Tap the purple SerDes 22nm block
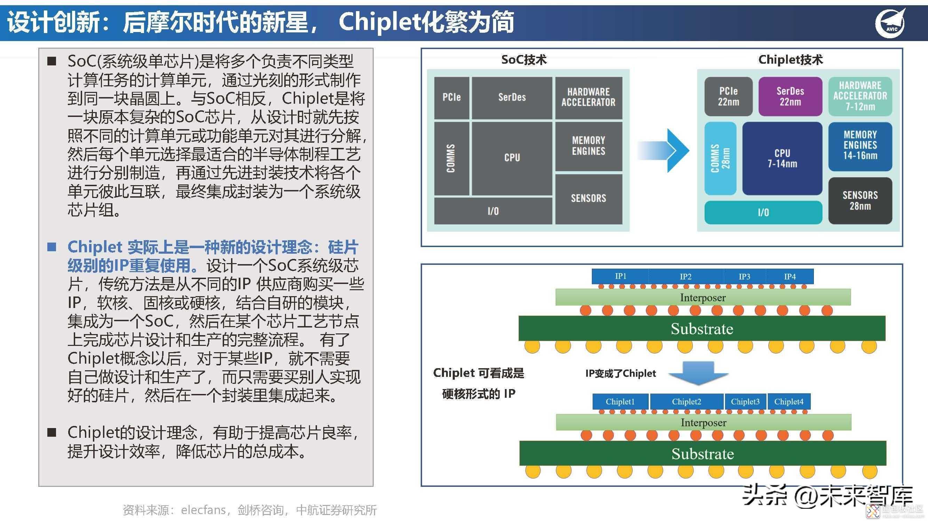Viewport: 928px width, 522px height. (790, 96)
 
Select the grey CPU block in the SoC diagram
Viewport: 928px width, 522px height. (511, 158)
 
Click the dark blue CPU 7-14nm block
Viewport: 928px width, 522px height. (782, 158)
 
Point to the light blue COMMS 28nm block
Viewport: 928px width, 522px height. (720, 158)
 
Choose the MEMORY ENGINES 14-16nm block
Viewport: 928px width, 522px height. (860, 145)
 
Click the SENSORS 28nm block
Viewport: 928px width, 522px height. (860, 201)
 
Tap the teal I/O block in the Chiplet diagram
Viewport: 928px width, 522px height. (763, 213)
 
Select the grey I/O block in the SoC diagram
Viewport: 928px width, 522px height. (493, 211)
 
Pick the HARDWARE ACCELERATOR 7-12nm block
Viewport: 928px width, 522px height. (860, 96)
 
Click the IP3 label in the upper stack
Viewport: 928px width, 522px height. (744, 277)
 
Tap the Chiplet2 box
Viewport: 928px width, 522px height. (686, 402)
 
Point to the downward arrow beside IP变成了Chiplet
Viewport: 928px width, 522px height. (698, 373)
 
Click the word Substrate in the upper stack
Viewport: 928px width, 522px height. (702, 329)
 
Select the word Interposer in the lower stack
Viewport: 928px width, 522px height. (703, 422)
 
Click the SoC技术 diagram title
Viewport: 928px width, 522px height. (524, 60)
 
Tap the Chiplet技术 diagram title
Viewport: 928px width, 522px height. (791, 60)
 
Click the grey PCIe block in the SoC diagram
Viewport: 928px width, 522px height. (451, 97)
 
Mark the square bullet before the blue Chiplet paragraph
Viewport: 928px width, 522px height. (52, 247)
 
